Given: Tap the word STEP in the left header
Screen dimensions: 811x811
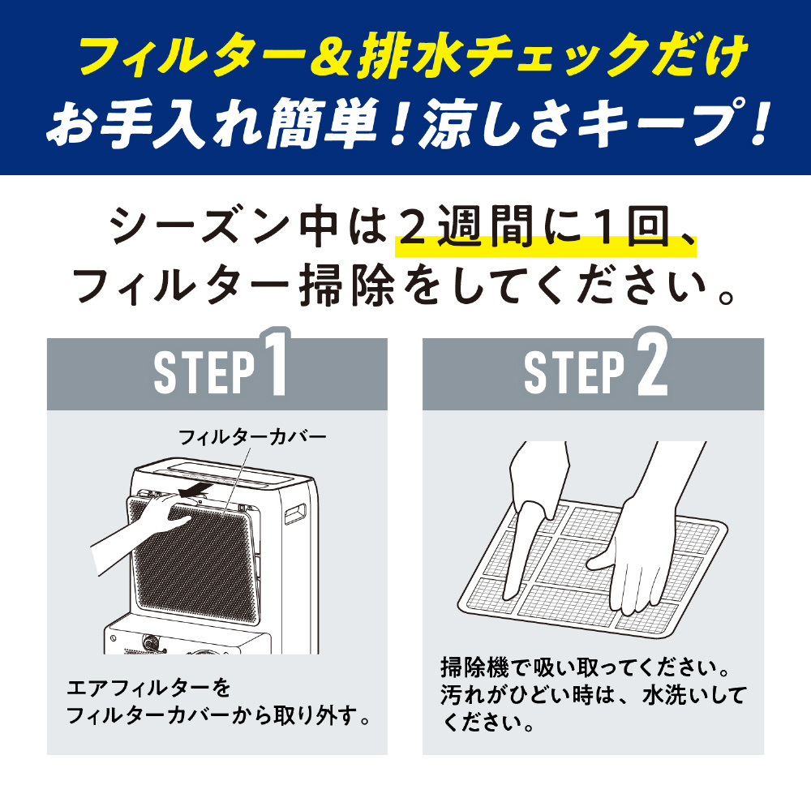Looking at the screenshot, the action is (205, 372).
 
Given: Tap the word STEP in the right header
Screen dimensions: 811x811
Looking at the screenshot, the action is (575, 372).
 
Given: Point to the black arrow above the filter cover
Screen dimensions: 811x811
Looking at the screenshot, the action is (195, 489).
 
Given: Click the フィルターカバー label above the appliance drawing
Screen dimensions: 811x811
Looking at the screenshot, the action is (253, 438).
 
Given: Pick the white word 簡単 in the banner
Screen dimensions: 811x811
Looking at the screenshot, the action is (327, 124).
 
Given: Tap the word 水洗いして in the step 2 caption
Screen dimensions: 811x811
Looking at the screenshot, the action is (694, 696).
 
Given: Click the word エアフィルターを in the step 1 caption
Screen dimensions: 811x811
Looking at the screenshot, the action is (148, 689).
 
